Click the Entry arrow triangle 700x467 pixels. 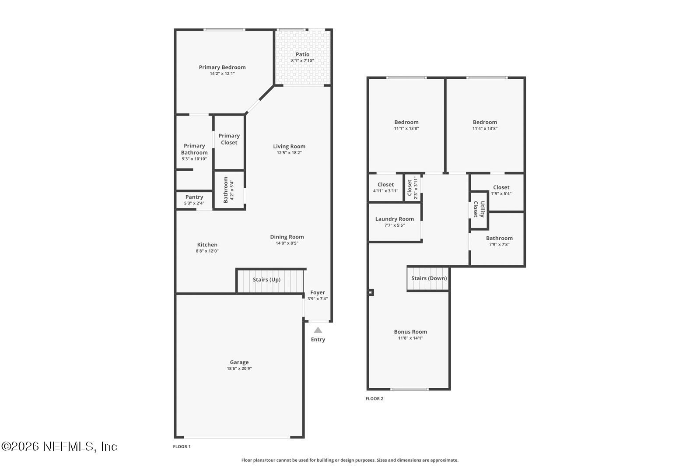point(318,330)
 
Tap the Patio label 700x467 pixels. point(302,54)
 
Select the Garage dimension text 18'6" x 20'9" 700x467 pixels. point(239,369)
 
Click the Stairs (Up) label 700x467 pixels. point(266,279)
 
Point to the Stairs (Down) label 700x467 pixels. point(429,278)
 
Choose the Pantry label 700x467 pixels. point(194,197)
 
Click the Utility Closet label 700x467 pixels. point(479,209)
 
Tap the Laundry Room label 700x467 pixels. point(395,219)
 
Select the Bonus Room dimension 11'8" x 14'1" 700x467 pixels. point(410,338)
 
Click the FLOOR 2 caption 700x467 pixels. point(374,399)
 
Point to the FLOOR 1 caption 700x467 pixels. point(182,447)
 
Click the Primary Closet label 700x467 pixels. point(229,139)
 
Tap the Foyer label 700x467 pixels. point(318,292)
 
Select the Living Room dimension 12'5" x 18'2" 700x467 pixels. point(289,153)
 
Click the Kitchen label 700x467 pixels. point(207,245)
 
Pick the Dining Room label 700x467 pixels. point(287,237)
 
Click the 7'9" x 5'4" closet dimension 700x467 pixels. point(501,194)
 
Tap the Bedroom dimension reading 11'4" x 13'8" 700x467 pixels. point(485,129)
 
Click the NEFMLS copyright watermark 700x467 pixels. point(59,446)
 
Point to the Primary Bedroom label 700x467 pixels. point(222,67)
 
